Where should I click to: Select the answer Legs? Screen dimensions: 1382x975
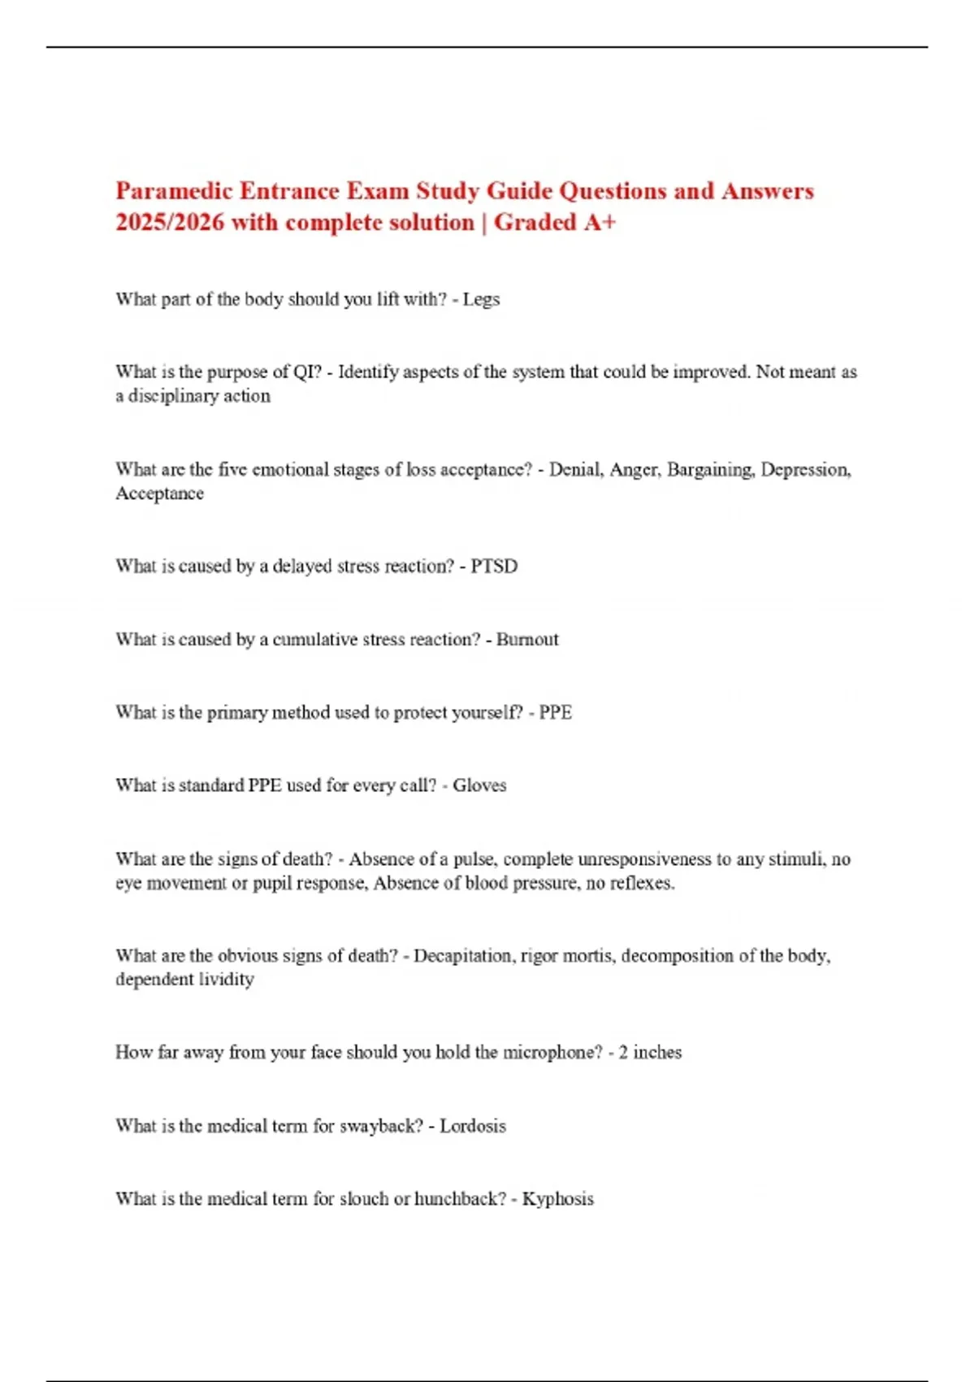pos(481,299)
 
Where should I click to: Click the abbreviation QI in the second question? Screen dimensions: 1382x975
pos(307,372)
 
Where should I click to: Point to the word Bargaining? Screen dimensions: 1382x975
pos(709,470)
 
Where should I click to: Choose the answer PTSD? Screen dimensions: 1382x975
pos(494,567)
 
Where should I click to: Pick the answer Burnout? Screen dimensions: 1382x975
pos(527,640)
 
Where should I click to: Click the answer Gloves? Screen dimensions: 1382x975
pos(479,785)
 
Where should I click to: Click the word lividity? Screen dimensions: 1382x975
pos(224,980)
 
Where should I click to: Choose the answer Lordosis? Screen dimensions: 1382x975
pos(472,1126)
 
